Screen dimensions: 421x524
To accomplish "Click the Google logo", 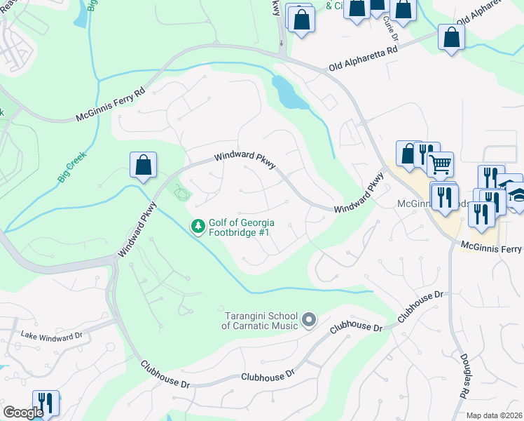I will (x=23, y=413).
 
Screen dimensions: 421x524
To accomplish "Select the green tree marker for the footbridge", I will (x=198, y=227).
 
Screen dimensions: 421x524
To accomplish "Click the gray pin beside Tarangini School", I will (x=309, y=321).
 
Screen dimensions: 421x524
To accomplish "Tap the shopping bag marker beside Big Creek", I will (x=143, y=166).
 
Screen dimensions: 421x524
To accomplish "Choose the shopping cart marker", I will (x=440, y=166).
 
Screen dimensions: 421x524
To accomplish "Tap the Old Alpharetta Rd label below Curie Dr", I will (x=364, y=60).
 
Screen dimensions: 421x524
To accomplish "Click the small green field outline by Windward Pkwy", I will (x=182, y=191).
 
